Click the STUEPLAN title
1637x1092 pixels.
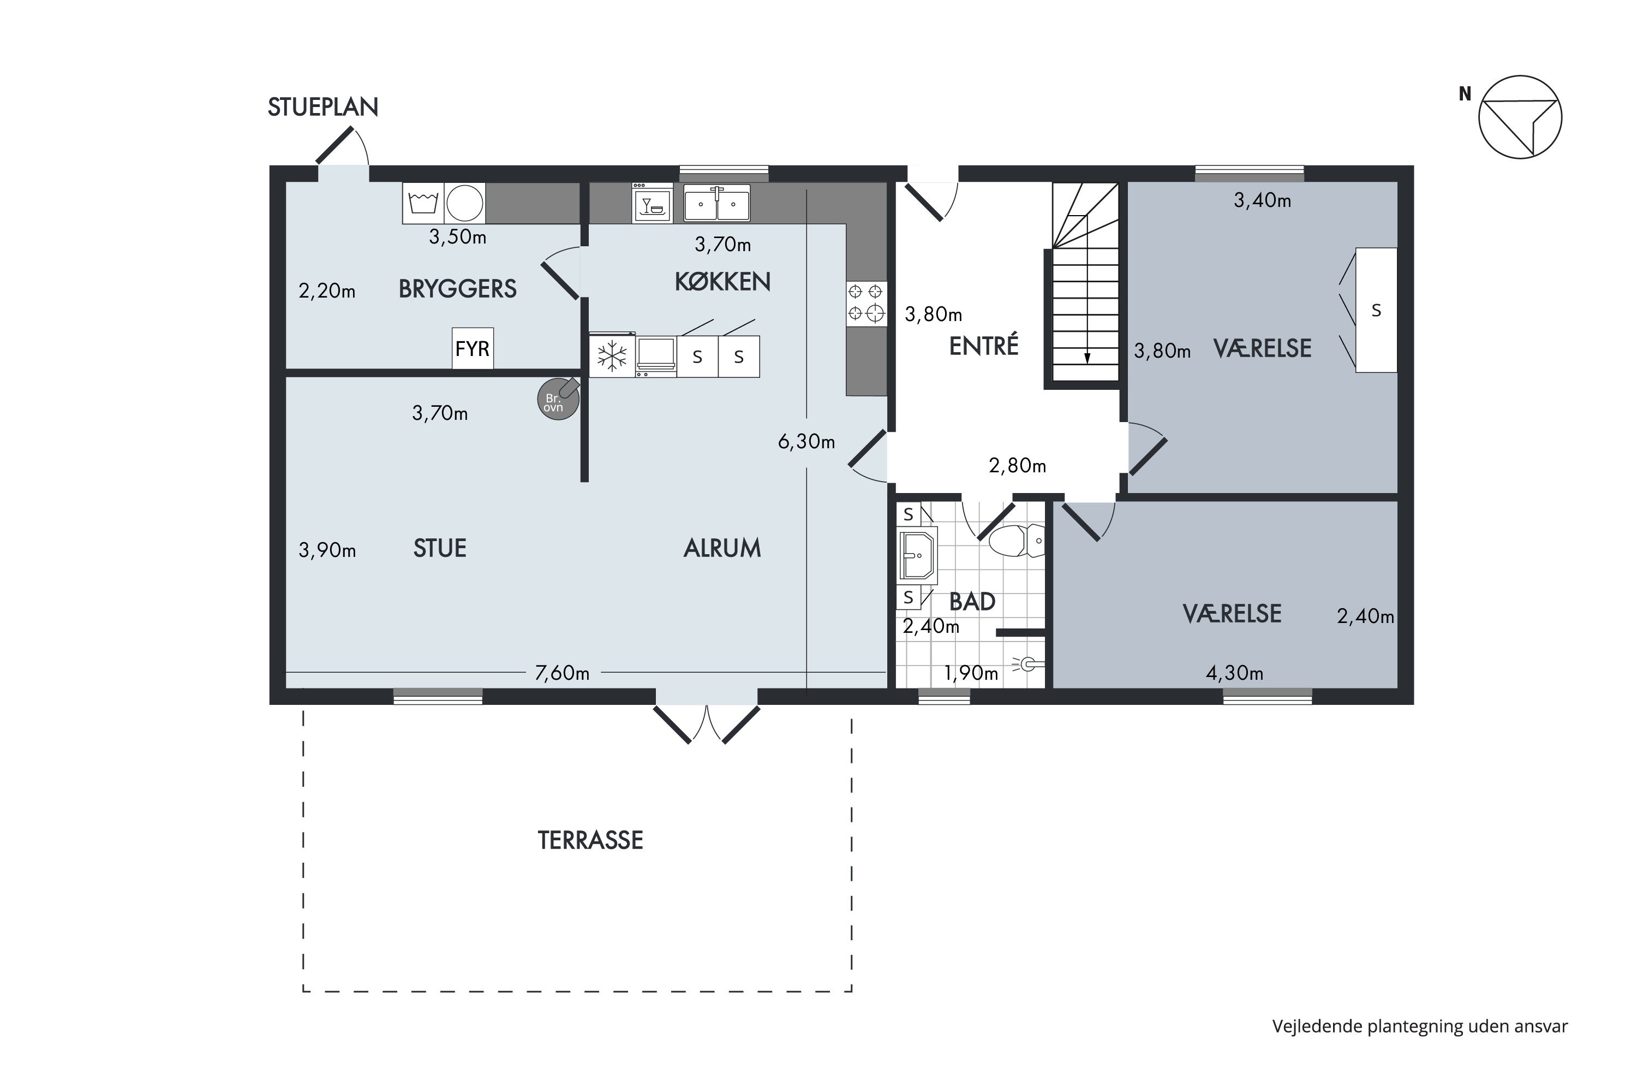(x=323, y=106)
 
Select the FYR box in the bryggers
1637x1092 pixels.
(x=473, y=348)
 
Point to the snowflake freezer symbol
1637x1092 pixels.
(x=612, y=357)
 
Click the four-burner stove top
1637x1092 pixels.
(x=867, y=303)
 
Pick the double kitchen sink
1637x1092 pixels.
(x=717, y=203)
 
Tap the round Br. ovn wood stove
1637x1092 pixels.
(x=558, y=399)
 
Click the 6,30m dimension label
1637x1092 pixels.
(x=806, y=442)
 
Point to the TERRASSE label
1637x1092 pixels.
(x=590, y=841)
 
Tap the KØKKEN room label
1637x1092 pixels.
(x=722, y=281)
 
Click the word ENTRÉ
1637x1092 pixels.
(x=983, y=346)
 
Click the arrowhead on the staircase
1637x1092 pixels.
(x=1087, y=359)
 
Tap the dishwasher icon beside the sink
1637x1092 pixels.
(x=652, y=203)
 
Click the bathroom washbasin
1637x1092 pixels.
(x=918, y=555)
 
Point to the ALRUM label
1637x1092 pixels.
(x=722, y=549)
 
